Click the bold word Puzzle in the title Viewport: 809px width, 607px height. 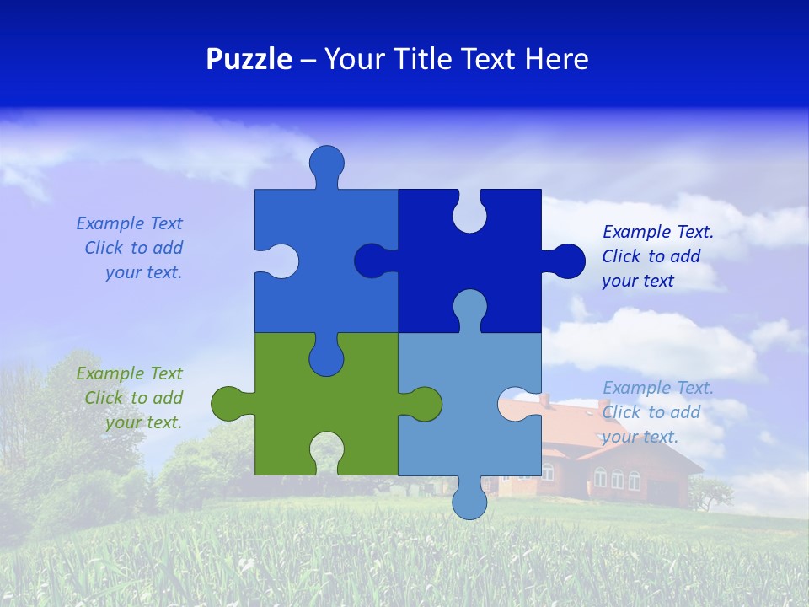pyautogui.click(x=249, y=60)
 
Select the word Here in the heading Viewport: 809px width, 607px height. pyautogui.click(x=557, y=60)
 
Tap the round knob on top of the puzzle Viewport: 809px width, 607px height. pyautogui.click(x=327, y=163)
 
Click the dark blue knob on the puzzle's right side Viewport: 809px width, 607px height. pyautogui.click(x=566, y=261)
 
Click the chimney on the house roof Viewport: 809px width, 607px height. pyautogui.click(x=544, y=400)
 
